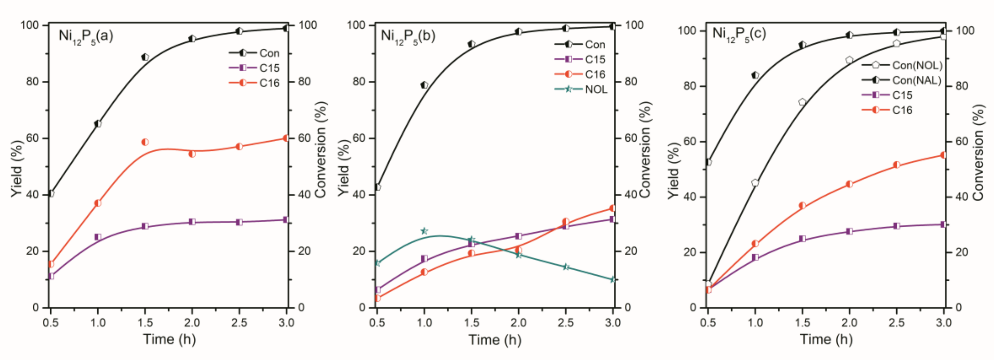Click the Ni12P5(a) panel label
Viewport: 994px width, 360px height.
[x=86, y=36]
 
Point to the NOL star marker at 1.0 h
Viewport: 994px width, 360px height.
[x=424, y=231]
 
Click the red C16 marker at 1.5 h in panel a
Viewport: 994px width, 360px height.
[x=145, y=142]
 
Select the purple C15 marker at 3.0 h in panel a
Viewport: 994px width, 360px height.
[x=286, y=219]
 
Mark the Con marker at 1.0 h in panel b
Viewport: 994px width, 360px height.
[x=424, y=85]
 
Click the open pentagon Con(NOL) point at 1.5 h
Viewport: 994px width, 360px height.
[x=802, y=102]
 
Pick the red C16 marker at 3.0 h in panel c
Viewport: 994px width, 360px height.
[x=943, y=155]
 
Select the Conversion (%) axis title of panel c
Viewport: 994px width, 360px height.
[x=978, y=153]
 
